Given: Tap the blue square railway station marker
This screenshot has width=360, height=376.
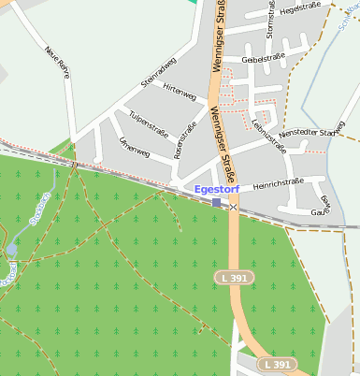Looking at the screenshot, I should (x=217, y=203).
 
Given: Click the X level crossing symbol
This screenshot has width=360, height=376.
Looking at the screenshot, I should (x=234, y=208).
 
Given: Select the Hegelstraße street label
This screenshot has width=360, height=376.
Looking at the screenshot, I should (x=300, y=7).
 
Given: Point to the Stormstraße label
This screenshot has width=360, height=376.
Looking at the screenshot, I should (x=270, y=20).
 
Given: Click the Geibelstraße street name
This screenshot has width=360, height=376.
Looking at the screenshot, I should (x=263, y=58).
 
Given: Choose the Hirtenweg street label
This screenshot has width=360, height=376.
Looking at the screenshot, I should (x=179, y=93).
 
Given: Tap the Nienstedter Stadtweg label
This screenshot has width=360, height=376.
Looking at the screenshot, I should (x=313, y=133).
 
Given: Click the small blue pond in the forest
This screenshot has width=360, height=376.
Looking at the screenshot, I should (x=11, y=250).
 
